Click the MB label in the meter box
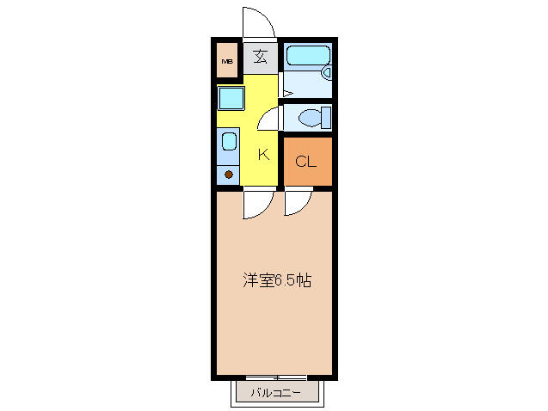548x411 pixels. tap(227, 61)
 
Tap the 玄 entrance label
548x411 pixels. tap(261, 57)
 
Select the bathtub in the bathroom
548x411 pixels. tap(308, 56)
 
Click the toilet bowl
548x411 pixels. tap(310, 118)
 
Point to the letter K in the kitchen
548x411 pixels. tap(263, 154)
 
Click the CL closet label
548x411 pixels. tap(305, 162)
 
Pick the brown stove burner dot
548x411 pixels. tap(229, 175)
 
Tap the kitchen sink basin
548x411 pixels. tap(229, 142)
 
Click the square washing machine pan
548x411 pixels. tap(231, 99)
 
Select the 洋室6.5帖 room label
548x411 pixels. tap(277, 280)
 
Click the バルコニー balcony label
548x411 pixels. tap(275, 393)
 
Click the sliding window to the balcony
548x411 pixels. tap(276, 377)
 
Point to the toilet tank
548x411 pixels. tap(326, 118)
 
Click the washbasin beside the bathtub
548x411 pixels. tap(328, 73)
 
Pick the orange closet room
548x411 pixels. tap(308, 162)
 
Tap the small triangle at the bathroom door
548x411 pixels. tap(288, 94)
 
